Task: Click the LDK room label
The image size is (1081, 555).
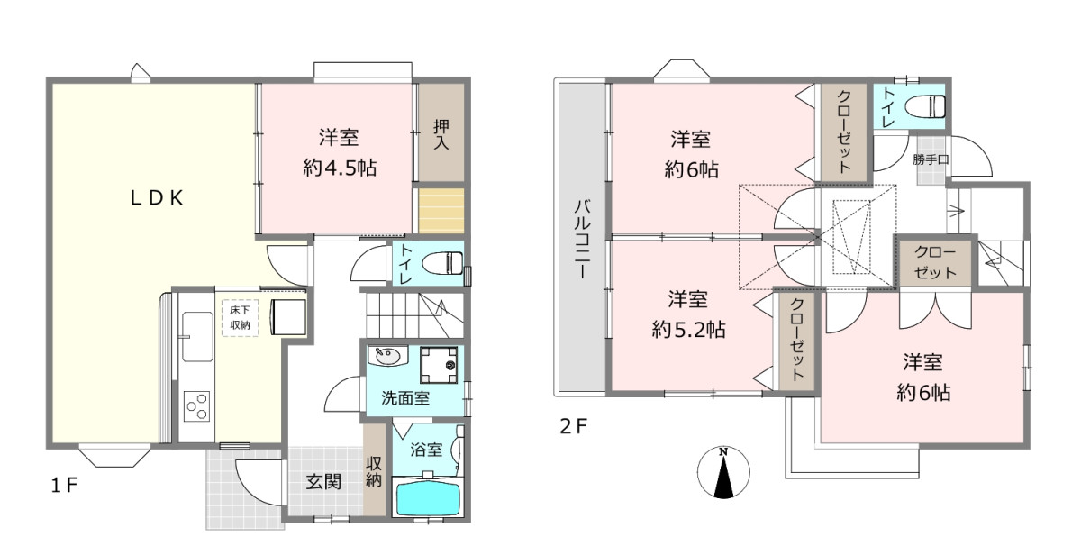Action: coord(157,198)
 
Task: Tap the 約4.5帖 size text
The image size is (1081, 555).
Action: coord(340,168)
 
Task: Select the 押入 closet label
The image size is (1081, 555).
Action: coord(441,134)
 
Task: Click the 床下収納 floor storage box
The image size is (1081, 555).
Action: coord(240,317)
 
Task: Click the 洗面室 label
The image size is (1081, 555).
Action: coord(405,398)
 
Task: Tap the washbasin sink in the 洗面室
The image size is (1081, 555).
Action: coord(388,357)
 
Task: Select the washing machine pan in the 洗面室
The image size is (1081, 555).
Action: coord(439,365)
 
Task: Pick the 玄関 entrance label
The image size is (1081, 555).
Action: coord(323,482)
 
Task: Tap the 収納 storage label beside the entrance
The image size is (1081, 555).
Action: coord(374,472)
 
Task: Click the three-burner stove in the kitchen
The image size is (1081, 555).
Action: coord(197,406)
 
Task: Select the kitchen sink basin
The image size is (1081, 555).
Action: coord(198,336)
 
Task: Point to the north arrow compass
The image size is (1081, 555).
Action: coord(723,472)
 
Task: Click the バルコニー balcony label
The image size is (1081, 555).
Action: coord(583,239)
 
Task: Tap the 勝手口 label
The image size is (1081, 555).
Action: coord(931,159)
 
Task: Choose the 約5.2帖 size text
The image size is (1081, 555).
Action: coord(688,330)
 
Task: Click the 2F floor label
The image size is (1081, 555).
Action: coord(573,426)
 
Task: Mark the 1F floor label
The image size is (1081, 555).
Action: coord(64,485)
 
